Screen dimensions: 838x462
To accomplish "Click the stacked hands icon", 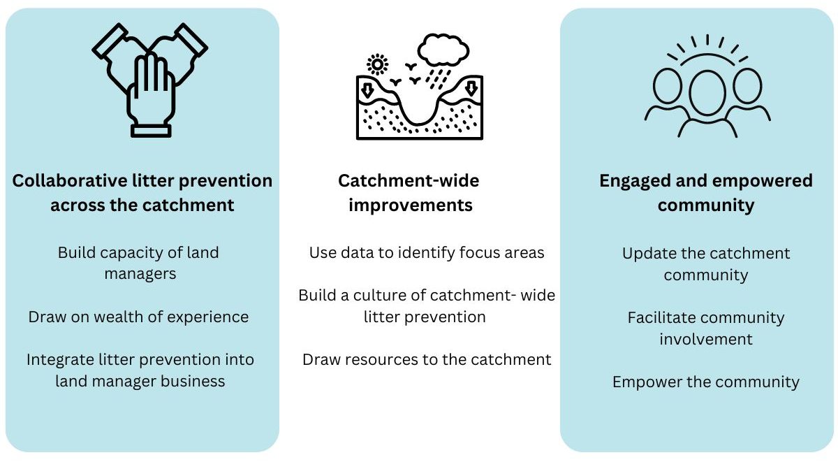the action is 150,80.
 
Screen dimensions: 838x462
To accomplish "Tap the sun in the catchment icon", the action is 377,64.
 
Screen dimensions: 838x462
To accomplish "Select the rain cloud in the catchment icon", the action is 443,50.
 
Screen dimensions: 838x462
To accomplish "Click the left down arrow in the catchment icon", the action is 367,90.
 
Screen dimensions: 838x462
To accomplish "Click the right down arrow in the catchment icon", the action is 471,89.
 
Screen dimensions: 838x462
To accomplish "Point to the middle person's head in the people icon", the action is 707,93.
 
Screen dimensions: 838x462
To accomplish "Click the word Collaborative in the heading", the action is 70,181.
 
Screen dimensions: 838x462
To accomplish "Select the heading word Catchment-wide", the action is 409,181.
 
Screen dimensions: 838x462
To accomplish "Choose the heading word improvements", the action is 411,206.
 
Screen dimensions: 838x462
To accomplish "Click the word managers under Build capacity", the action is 140,274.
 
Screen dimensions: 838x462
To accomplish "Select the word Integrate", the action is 61,360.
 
